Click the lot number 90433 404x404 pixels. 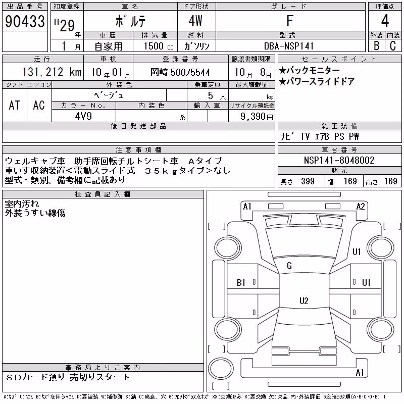tap(25, 21)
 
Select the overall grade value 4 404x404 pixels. tap(385, 21)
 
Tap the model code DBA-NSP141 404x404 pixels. tap(289, 46)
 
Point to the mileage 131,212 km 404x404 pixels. tap(52, 72)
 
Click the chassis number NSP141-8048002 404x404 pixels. tap(339, 160)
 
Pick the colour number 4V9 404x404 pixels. tap(83, 116)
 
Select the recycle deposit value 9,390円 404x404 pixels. tap(257, 117)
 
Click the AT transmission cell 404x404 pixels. tap(15, 105)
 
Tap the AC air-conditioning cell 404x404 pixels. tap(39, 105)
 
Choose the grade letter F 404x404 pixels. tap(290, 21)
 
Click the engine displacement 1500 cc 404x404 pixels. tap(159, 46)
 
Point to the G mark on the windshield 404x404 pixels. tap(289, 266)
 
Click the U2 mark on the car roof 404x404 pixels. tap(304, 300)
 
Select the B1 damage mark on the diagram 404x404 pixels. tap(241, 283)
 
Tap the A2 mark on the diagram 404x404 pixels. tap(361, 207)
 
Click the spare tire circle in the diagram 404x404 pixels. tap(221, 369)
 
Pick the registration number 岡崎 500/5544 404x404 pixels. tap(180, 72)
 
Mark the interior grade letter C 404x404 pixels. tap(393, 46)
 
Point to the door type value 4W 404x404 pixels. tap(195, 21)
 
